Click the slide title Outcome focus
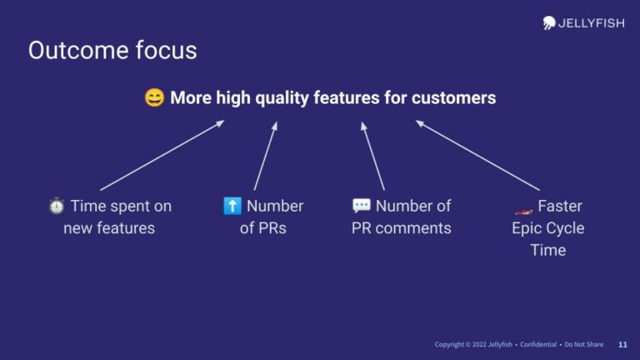point(112,50)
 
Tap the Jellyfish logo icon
point(550,22)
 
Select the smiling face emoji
point(154,98)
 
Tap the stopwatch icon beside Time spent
point(57,206)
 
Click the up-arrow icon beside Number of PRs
point(232,206)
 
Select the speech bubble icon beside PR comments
point(361,206)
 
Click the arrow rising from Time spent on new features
point(162,155)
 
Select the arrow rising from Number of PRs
point(265,156)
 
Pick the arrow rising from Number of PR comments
point(372,156)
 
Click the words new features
point(109,227)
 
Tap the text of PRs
point(262,227)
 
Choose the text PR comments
point(401,227)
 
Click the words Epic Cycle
point(547,227)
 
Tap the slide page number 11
point(622,344)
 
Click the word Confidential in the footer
point(538,344)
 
